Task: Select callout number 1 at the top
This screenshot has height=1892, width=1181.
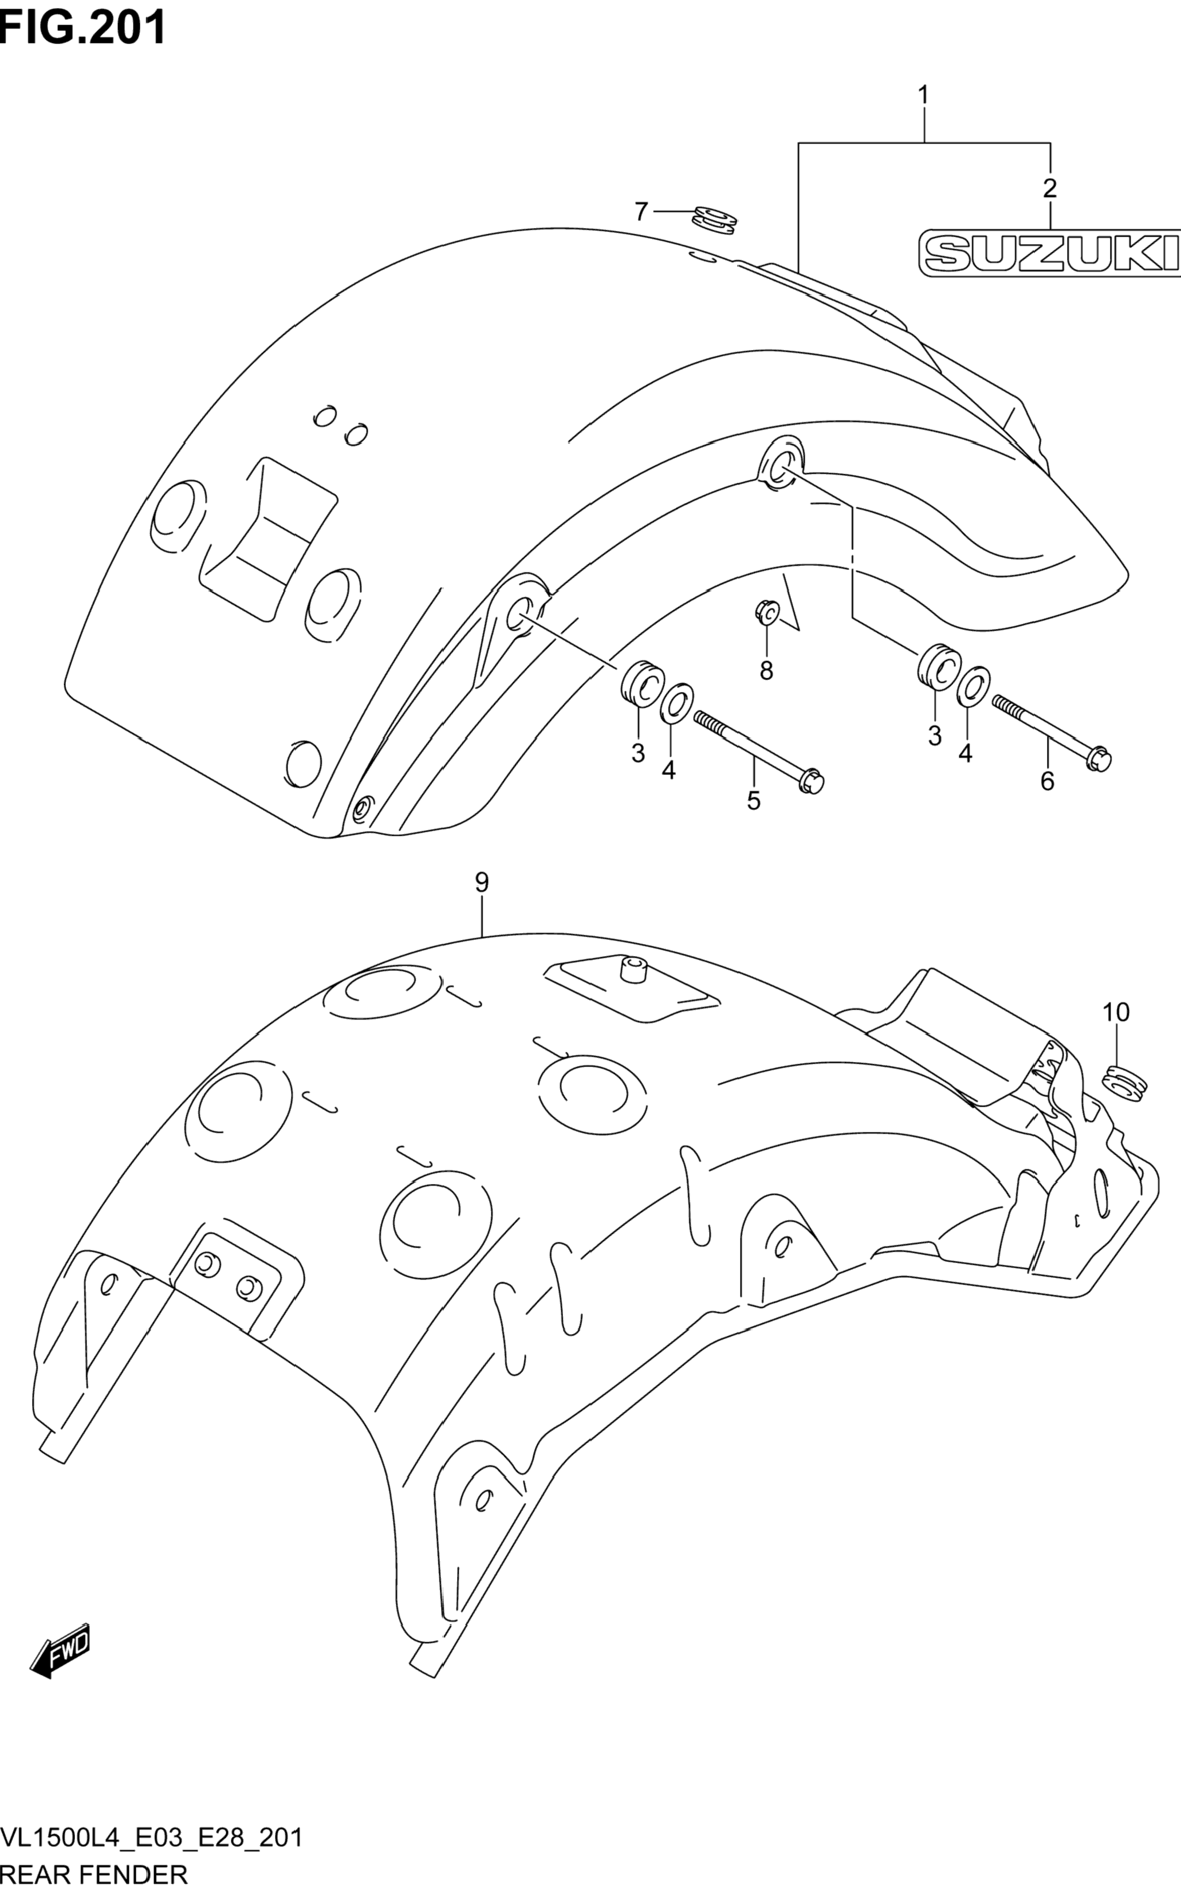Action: click(923, 95)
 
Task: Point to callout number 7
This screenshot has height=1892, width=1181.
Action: click(640, 211)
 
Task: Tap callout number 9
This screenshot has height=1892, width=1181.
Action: click(481, 882)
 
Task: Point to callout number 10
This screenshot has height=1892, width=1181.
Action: click(1115, 1012)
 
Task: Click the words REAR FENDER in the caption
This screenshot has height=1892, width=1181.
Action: click(94, 1875)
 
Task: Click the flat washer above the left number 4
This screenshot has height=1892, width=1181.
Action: click(676, 702)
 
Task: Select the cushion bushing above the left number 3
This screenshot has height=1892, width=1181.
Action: click(643, 683)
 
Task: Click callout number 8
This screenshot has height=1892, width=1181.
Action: click(766, 670)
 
